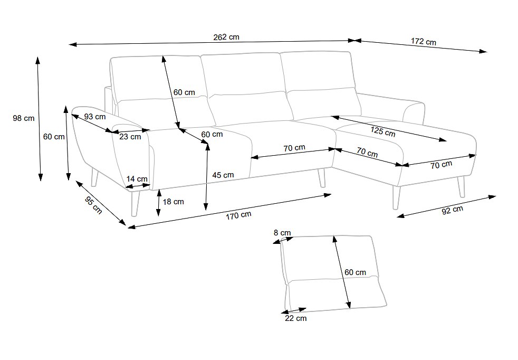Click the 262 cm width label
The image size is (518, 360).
click(x=226, y=37)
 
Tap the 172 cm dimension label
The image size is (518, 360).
click(x=423, y=42)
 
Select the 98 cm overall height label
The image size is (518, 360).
click(x=23, y=118)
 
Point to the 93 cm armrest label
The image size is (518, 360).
click(x=95, y=117)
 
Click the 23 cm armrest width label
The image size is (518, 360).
click(x=130, y=137)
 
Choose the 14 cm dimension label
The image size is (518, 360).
click(x=137, y=179)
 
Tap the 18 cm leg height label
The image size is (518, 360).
click(x=173, y=202)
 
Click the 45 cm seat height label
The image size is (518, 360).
click(x=223, y=175)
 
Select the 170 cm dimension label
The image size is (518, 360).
click(x=238, y=215)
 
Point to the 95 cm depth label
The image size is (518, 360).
click(x=93, y=205)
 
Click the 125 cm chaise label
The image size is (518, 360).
click(x=382, y=131)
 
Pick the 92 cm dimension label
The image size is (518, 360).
click(x=452, y=210)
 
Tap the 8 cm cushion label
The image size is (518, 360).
click(x=282, y=233)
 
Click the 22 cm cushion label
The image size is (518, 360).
click(x=296, y=318)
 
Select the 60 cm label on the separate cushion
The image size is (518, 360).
click(x=355, y=272)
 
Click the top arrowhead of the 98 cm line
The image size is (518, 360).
click(x=37, y=61)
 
